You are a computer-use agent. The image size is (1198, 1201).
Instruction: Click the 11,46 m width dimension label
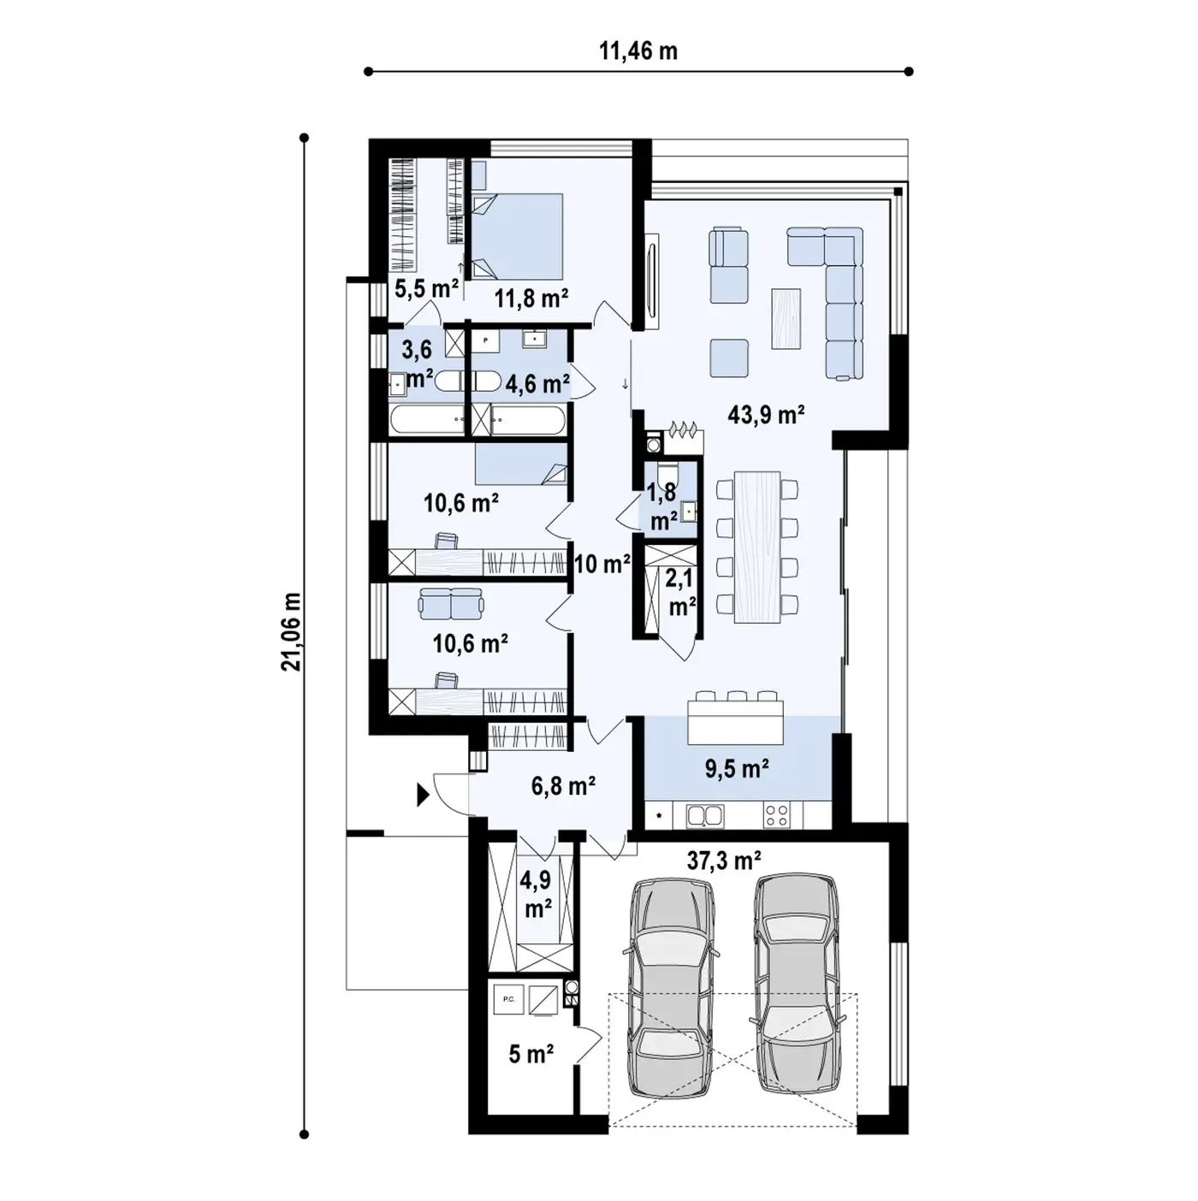638,51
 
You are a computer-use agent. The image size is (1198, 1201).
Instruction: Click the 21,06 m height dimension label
291,631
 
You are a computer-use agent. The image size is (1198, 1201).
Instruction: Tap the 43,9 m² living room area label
766,414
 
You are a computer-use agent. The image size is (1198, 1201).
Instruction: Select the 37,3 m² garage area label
723,861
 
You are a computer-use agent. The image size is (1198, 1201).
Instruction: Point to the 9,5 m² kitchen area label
737,768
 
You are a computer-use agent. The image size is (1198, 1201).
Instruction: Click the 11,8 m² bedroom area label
531,299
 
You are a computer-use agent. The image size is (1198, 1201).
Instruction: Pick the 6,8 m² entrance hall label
563,786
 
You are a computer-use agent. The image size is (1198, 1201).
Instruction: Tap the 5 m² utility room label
531,1054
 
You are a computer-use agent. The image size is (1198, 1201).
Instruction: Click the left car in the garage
670,987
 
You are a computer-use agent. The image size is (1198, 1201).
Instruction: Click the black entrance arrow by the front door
423,796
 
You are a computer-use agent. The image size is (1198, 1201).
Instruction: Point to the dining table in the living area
757,547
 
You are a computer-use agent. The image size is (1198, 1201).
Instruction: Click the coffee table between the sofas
786,318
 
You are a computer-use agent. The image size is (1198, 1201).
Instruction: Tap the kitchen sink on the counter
705,815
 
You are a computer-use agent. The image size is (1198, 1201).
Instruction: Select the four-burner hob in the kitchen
776,815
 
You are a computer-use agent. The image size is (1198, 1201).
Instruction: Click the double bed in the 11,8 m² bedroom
517,235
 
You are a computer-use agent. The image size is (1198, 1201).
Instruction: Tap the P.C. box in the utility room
509,1000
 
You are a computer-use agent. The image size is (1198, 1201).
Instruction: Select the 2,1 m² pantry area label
681,592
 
